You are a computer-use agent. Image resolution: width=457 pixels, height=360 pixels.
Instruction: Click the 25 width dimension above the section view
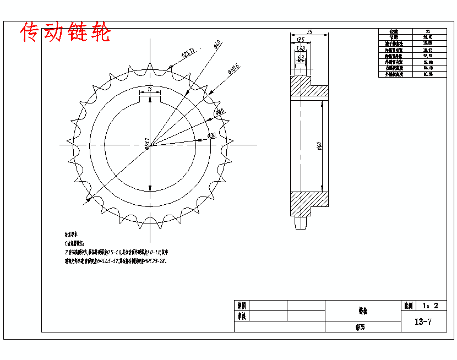click(x=310, y=32)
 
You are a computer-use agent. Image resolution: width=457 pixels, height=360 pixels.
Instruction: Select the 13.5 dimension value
click(x=300, y=40)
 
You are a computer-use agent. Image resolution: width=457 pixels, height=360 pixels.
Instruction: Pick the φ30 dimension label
click(x=211, y=135)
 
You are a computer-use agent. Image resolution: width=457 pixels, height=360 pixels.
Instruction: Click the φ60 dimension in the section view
click(x=319, y=145)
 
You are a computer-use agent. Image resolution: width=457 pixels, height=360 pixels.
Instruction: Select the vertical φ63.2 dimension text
click(x=147, y=144)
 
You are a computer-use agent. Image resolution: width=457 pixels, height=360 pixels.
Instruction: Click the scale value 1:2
click(x=430, y=306)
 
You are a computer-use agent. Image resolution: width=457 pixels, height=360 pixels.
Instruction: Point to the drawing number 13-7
click(x=423, y=322)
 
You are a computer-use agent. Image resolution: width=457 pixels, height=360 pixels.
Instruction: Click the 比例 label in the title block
click(x=408, y=306)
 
